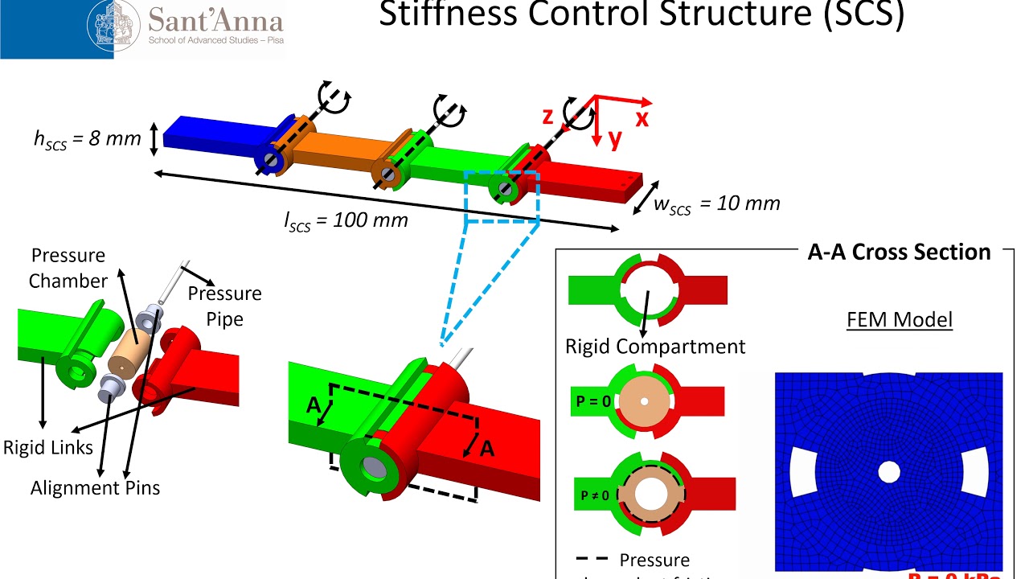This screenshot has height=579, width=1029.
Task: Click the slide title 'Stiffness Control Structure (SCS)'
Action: coord(642,14)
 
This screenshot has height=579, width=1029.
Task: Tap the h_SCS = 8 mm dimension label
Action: coord(88,138)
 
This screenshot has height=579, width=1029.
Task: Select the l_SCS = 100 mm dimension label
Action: coord(346,220)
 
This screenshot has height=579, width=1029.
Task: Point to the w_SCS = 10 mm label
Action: coord(716,204)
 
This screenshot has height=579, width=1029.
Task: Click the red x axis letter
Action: coord(642,118)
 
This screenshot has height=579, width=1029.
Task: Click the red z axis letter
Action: coord(548,117)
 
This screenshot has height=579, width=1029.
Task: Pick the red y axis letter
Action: coord(614,140)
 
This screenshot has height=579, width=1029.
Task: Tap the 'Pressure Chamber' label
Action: coord(68,269)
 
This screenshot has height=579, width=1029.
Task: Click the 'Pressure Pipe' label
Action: coord(224,306)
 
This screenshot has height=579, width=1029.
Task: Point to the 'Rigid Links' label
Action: coord(47,447)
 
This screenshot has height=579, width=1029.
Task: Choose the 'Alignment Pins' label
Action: coord(95,487)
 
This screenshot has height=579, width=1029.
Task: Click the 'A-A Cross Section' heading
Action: coord(899,253)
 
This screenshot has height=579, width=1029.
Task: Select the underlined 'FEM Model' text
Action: coord(900,320)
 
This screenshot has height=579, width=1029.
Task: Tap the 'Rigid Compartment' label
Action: coord(655,347)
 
